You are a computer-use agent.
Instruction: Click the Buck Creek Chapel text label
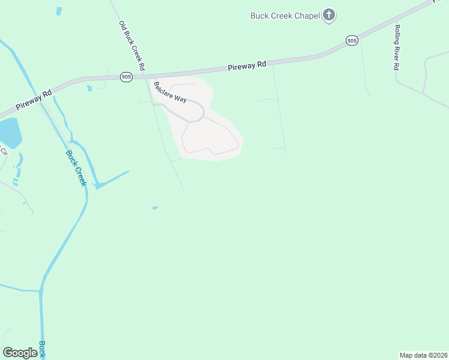(x=285, y=16)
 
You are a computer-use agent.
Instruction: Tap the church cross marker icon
(x=328, y=15)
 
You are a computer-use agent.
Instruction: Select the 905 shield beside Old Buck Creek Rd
(x=125, y=77)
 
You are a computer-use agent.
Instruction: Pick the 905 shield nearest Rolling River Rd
(x=352, y=41)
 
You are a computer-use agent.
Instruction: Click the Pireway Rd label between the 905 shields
(x=247, y=67)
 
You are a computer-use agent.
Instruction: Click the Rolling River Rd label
(x=397, y=48)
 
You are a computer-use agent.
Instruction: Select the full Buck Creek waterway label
(x=76, y=167)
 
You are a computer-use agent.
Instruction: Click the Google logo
(x=20, y=352)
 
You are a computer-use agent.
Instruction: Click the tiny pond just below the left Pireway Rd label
(x=89, y=88)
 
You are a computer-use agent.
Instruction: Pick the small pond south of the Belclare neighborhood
(x=155, y=208)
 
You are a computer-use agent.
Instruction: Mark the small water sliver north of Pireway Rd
(x=59, y=11)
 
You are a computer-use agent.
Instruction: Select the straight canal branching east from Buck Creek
(x=112, y=179)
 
